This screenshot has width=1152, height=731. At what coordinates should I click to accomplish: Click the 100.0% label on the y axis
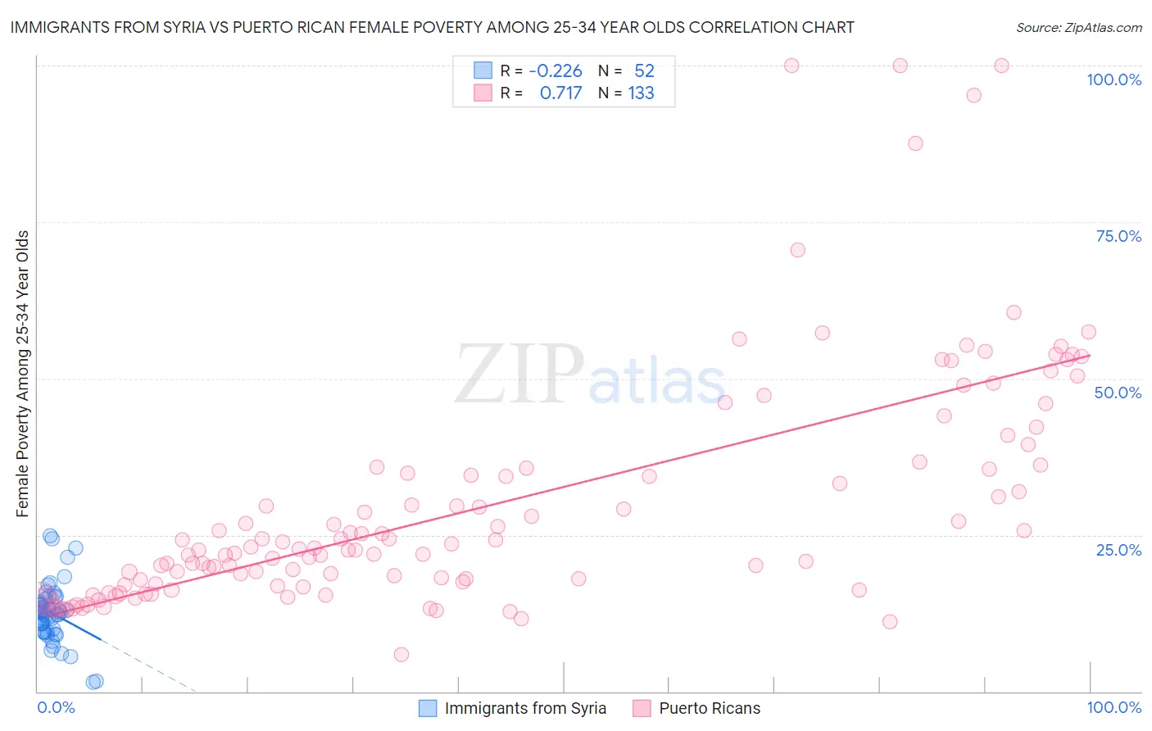click(x=1113, y=79)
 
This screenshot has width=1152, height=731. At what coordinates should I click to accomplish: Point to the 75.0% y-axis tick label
click(x=1118, y=236)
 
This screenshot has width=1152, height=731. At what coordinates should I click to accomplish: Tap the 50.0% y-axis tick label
click(x=1118, y=393)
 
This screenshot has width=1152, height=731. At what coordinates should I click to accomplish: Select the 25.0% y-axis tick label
click(x=1118, y=550)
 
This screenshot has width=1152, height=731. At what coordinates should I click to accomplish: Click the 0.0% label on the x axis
click(x=56, y=707)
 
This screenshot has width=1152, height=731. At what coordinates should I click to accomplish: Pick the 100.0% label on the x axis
click(x=1113, y=707)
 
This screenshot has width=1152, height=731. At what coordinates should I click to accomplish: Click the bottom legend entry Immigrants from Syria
click(x=525, y=708)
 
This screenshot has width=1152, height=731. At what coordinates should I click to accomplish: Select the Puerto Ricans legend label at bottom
click(x=710, y=708)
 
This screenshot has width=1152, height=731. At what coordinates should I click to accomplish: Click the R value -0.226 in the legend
click(x=556, y=71)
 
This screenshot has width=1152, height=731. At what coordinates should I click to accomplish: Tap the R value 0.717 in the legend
click(x=560, y=93)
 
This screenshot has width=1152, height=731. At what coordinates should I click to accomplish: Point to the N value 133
click(x=641, y=93)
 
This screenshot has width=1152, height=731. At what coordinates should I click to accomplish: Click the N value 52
click(x=644, y=71)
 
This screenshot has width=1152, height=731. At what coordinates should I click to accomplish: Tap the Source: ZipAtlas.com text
click(x=1078, y=27)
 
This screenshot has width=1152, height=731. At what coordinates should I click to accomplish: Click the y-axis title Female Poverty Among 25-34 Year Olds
click(x=23, y=374)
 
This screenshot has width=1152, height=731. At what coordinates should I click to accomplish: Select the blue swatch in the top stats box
click(x=483, y=70)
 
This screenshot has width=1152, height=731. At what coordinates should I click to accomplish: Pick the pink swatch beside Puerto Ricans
click(x=641, y=708)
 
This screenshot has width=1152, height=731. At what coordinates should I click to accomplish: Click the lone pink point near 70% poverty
click(x=797, y=250)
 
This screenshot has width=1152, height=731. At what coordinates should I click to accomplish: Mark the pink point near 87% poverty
click(x=915, y=143)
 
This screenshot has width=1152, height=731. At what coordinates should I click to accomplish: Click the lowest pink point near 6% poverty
click(x=401, y=654)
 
